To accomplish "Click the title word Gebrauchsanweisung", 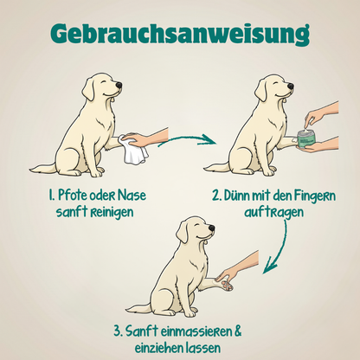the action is [180, 34].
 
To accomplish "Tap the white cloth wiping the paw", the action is [134, 151].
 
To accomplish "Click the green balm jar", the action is [307, 139].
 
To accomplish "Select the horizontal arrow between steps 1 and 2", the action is [187, 139].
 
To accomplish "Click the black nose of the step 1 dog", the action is [119, 85].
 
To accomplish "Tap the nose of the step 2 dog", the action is [290, 86].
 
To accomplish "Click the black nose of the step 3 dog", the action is [211, 228].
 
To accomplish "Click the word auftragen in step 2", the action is [274, 213].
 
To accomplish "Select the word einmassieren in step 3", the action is [192, 331].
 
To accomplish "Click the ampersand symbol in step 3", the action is [237, 331].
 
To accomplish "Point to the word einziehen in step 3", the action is [158, 348].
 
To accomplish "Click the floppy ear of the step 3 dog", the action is [183, 233].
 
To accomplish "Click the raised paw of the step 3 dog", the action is [226, 284].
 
